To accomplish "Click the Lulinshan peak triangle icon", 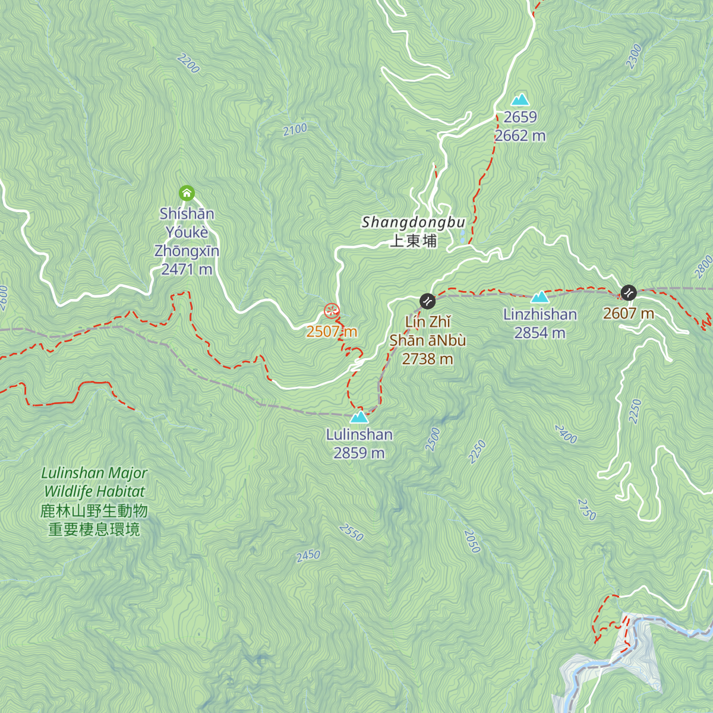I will tap(359, 417).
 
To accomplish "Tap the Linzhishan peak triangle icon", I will tap(540, 297).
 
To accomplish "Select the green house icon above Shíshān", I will tap(187, 193).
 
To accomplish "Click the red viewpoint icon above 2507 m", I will tap(331, 311).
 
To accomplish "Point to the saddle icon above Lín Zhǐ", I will tap(427, 301).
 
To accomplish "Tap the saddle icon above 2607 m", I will tap(628, 292).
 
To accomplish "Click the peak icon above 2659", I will tap(520, 100).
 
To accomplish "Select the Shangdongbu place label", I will tap(414, 222).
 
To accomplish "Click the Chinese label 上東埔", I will tap(414, 241).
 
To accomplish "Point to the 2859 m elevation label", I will tap(359, 453).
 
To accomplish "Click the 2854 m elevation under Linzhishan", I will tap(540, 333).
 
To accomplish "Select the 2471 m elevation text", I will tap(187, 269).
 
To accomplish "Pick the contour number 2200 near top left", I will tap(188, 63).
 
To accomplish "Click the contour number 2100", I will tap(295, 129).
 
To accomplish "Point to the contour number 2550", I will tap(351, 532).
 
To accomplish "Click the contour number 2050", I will tap(472, 541).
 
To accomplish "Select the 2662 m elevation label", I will tap(520, 135).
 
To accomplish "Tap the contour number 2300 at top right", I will tap(634, 56).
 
